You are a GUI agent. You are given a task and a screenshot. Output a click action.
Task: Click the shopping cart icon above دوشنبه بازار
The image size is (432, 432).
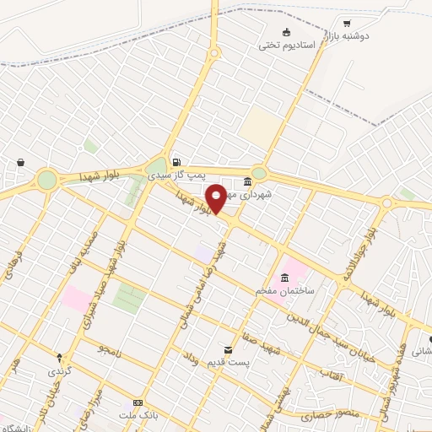point(347,24)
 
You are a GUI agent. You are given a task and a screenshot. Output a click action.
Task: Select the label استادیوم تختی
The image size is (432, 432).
point(287,44)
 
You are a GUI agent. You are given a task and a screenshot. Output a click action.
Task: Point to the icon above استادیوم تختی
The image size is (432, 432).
point(287,31)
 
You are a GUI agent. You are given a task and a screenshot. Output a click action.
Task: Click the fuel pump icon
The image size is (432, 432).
point(175,163)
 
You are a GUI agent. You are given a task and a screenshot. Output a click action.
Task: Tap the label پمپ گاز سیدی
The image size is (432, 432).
point(175,175)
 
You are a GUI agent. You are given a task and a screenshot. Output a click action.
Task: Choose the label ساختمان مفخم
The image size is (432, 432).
point(285,290)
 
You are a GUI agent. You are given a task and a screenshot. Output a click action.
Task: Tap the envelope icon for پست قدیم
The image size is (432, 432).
point(227,349)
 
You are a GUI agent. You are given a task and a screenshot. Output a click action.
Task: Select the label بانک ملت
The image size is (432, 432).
point(138,416)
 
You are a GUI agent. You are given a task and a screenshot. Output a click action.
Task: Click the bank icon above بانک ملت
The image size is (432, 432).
point(138,403)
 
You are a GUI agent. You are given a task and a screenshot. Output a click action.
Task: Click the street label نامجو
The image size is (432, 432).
point(110,348)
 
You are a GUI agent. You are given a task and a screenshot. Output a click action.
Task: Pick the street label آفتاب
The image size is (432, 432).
point(332,373)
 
